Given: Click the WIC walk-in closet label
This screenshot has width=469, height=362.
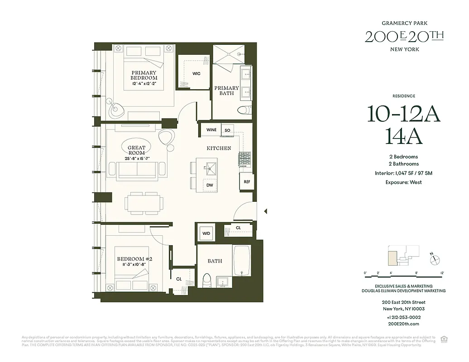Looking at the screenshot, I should pos(196,73).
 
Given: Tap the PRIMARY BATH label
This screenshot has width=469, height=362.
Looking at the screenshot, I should pos(226,90).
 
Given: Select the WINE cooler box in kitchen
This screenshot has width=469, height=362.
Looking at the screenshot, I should pos(211,130).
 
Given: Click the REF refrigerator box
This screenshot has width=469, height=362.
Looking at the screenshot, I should pos(247,181).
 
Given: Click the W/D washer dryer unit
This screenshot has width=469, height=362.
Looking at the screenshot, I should pos(206,233).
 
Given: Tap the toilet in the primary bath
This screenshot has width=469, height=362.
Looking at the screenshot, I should pos(245,110).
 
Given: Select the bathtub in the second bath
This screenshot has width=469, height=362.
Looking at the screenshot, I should pos(242,261).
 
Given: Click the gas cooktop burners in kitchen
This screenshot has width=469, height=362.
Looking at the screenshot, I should pos(244,159).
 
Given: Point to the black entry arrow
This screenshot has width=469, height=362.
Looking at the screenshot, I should pos(266,211).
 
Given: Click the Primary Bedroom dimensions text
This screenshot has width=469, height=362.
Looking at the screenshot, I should pos(144,84).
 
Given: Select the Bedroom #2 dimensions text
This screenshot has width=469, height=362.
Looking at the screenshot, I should pos(134,265).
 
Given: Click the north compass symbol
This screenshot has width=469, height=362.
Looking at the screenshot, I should pos(435,259).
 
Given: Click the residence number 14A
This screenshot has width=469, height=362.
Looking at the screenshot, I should pos(403,136).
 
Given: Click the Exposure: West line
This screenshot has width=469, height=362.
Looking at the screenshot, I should pos(403,182).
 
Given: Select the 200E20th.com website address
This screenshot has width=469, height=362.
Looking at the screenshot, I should pos(403,324).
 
